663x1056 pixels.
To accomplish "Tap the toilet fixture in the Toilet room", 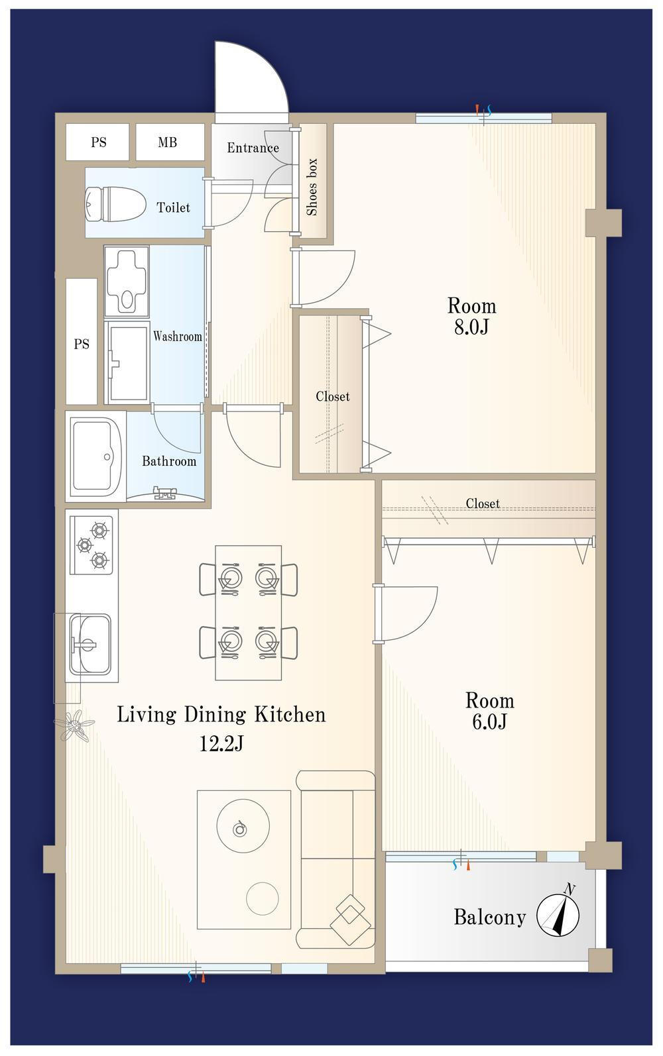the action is click(x=114, y=204).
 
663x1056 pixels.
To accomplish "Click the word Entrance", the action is click(x=253, y=148).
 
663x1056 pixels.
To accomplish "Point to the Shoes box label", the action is click(x=312, y=187).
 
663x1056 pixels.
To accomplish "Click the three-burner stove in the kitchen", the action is click(x=91, y=545).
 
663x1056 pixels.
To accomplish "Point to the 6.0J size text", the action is click(x=489, y=722).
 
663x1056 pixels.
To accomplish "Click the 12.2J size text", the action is click(x=221, y=745).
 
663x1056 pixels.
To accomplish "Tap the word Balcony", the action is click(x=490, y=918).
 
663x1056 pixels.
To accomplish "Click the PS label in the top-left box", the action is click(x=98, y=142).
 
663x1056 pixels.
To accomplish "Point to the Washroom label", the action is click(x=178, y=337).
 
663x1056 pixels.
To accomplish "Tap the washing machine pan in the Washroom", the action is click(x=127, y=363).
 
